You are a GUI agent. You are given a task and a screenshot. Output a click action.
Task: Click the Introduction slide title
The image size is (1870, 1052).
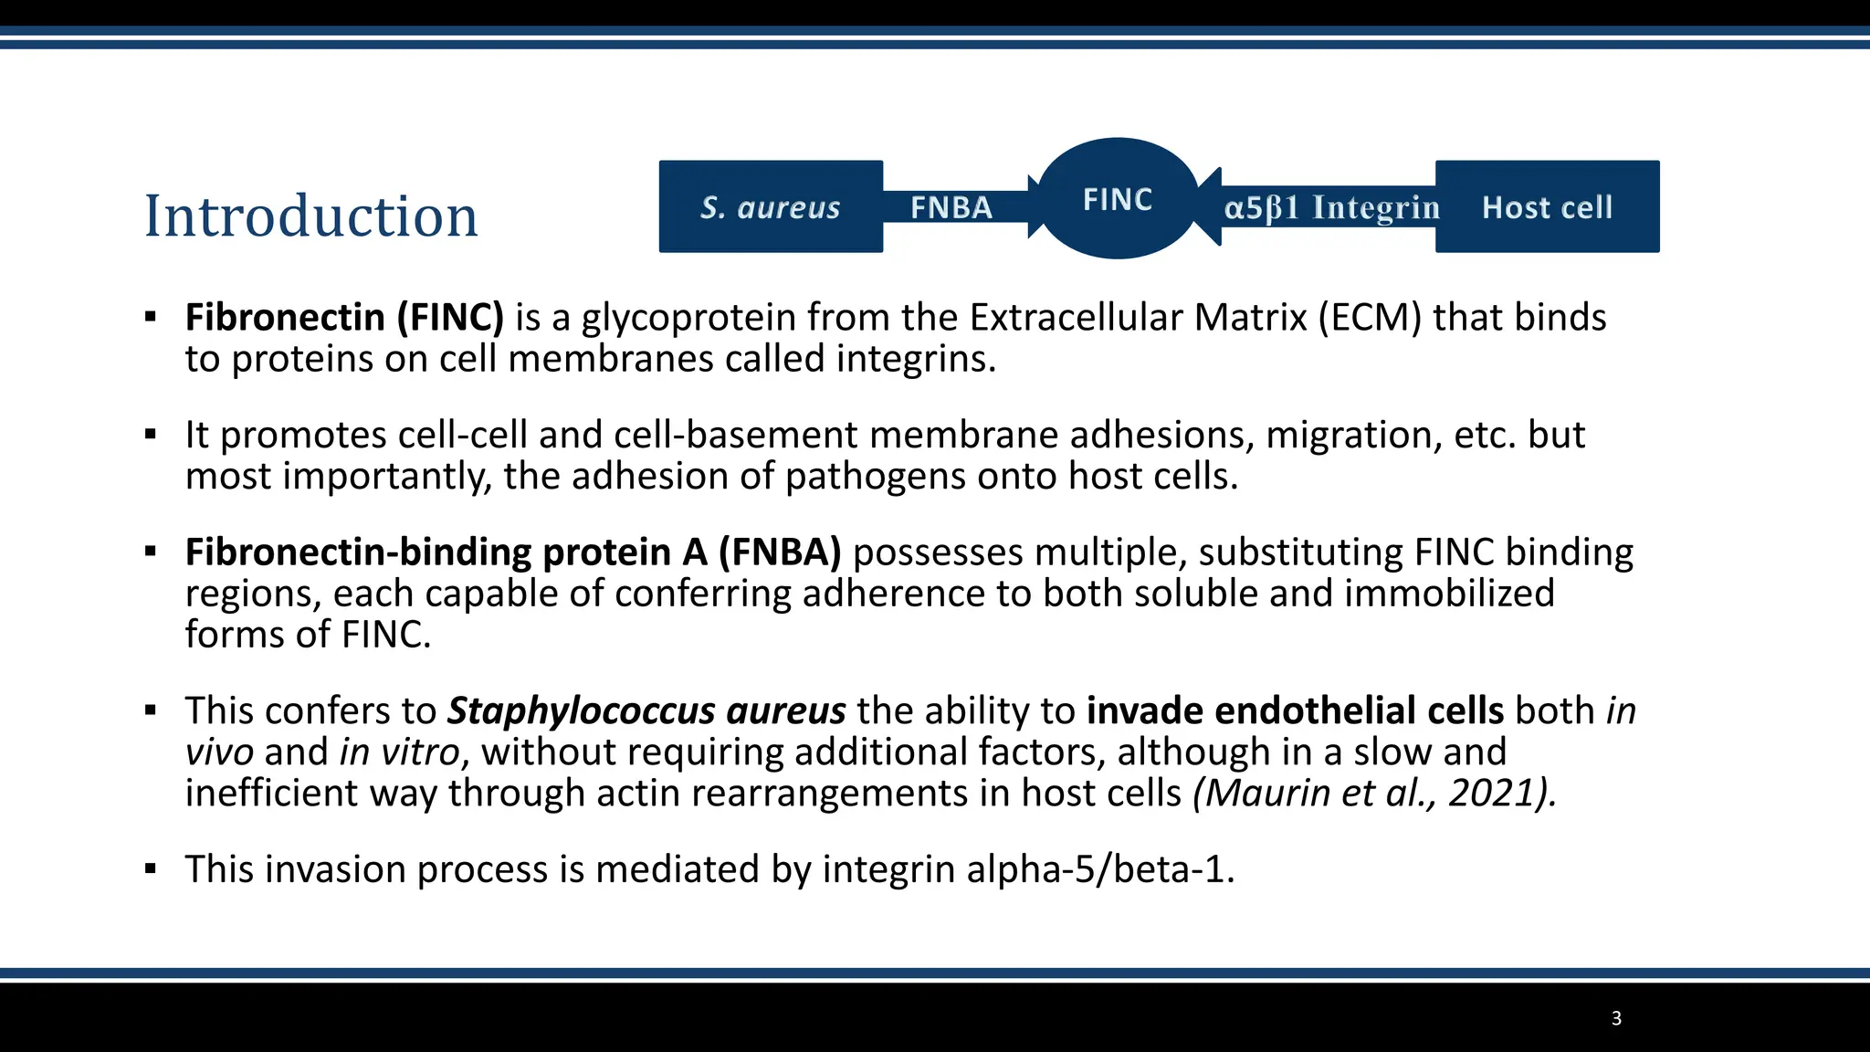pyautogui.click(x=311, y=216)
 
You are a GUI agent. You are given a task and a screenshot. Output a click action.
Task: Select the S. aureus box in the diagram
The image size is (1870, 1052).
pyautogui.click(x=771, y=207)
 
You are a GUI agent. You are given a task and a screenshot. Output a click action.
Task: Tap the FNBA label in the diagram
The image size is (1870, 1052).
pyautogui.click(x=951, y=208)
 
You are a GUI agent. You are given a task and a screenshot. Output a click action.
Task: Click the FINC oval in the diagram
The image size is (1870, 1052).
pyautogui.click(x=1118, y=199)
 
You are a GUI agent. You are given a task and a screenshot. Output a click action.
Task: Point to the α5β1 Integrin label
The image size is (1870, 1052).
pyautogui.click(x=1331, y=208)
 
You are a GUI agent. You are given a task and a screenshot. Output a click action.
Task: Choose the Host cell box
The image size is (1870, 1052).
pyautogui.click(x=1547, y=207)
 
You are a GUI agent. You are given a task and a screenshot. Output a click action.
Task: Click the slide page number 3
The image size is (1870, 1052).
pyautogui.click(x=1616, y=1018)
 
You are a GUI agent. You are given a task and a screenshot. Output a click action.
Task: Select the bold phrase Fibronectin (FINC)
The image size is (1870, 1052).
pyautogui.click(x=344, y=318)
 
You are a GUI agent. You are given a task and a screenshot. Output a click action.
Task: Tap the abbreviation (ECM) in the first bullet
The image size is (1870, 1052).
pyautogui.click(x=1370, y=318)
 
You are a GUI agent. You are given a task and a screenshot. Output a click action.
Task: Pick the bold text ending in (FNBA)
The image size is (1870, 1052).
pyautogui.click(x=512, y=552)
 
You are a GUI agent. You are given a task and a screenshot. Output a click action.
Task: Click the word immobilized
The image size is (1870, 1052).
pyautogui.click(x=1449, y=594)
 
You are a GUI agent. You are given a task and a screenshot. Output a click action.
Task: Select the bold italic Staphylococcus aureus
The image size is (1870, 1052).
pyautogui.click(x=646, y=710)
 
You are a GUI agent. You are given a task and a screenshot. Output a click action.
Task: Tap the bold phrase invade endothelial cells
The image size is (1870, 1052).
pyautogui.click(x=1295, y=710)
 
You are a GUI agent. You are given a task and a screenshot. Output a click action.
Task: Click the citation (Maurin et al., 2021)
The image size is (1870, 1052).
pyautogui.click(x=1374, y=793)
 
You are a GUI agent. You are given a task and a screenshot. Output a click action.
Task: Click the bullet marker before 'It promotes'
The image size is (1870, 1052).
pyautogui.click(x=151, y=435)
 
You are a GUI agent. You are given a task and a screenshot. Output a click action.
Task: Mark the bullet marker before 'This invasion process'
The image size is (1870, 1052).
pyautogui.click(x=151, y=868)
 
